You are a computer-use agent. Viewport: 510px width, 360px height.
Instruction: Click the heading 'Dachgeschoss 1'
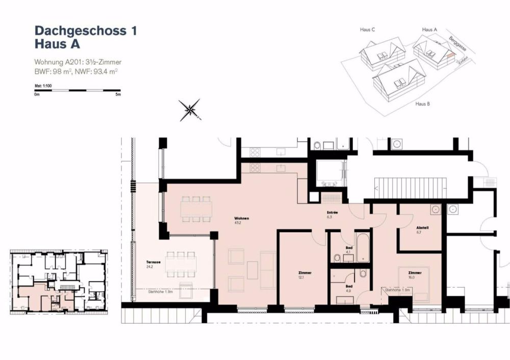[x=86, y=31]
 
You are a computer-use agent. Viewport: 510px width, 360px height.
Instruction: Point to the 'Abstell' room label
[x=422, y=227]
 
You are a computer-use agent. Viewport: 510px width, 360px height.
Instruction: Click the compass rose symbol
[x=190, y=110]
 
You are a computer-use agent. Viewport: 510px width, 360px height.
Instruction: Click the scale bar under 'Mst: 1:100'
[x=76, y=90]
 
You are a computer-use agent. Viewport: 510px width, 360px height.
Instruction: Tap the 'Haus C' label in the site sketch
[x=367, y=30]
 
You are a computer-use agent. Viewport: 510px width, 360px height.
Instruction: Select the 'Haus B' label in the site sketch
[x=423, y=104]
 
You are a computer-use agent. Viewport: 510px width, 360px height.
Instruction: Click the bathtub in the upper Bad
[x=363, y=248]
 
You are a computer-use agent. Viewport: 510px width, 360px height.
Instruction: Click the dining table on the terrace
[x=181, y=264]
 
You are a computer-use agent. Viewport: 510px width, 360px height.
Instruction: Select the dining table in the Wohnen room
[x=196, y=209]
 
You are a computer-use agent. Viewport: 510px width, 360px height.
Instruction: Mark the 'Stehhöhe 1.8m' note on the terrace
[x=161, y=292]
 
